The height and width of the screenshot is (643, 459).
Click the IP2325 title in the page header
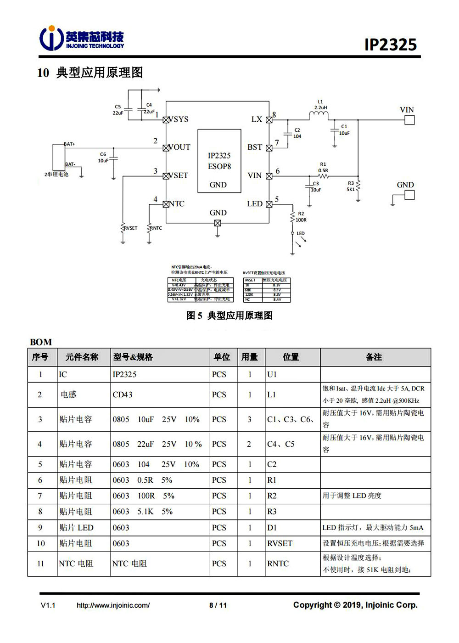pos(390,45)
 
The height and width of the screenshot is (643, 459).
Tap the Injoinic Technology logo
pos(82,38)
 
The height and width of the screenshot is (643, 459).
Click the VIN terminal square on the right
pos(409,120)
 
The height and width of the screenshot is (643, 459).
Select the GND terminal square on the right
pos(409,195)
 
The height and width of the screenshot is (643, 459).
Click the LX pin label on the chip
pos(257,119)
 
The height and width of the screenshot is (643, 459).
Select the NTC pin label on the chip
pos(177,204)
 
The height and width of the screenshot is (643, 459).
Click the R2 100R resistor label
pos(301,217)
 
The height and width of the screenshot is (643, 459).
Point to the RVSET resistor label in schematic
pos(131,228)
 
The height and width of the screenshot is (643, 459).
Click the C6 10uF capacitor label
pos(103,158)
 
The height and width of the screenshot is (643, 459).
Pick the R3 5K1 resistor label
pos(351,186)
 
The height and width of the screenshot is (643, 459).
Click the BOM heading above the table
pos(41,342)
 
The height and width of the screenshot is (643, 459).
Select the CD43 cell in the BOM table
pos(123,395)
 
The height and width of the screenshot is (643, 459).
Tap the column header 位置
pos(291,357)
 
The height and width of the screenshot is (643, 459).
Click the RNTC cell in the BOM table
pos(278,564)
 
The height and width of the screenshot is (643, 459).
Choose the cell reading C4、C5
pos(281,444)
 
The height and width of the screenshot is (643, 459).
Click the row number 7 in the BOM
pos(40,496)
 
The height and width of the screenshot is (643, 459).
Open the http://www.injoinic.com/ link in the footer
pos(113,605)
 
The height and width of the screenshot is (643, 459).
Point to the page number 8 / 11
pos(218,605)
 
